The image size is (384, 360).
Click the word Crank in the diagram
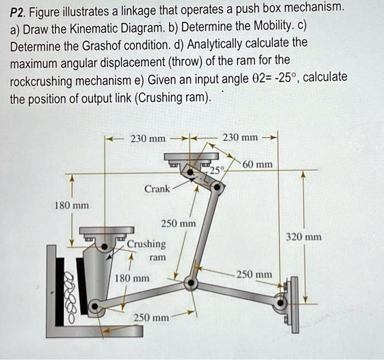pos(157,189)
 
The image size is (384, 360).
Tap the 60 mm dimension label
pos(257,165)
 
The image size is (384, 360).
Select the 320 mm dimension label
pos(304,237)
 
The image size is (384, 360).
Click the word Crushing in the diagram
pos(146,244)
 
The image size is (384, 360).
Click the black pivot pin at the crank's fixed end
pos(190,172)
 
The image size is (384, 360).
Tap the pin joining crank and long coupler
pos(217,188)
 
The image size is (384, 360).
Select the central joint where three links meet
pos(191,283)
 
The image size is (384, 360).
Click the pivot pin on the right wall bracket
pos(281,303)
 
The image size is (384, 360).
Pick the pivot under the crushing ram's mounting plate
pos(105,246)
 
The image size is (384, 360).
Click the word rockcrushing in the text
pos(41,81)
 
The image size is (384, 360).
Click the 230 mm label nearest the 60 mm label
pos(240,138)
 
